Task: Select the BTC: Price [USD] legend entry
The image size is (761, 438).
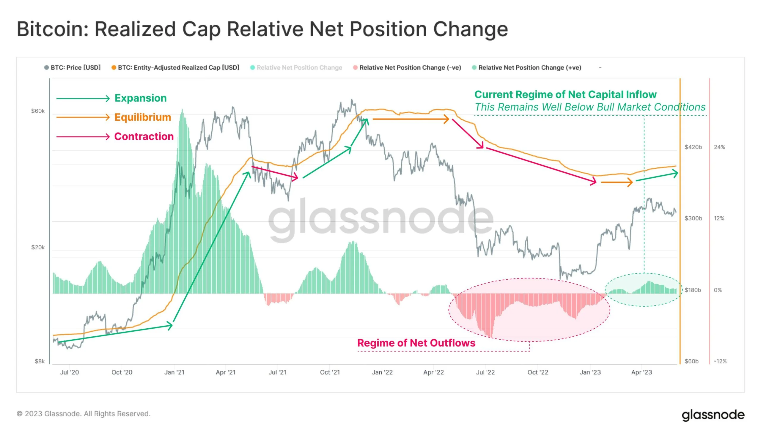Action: click(75, 68)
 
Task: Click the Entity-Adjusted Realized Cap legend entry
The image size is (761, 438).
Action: click(178, 68)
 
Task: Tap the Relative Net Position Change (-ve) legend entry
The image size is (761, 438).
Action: click(410, 68)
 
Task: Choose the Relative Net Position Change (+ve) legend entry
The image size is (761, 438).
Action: click(529, 68)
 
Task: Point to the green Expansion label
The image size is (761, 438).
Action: click(141, 98)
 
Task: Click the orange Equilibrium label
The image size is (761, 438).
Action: click(143, 117)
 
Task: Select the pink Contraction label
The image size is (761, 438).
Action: click(144, 137)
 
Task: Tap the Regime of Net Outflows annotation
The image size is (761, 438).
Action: click(416, 343)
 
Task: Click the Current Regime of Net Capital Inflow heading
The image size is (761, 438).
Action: click(565, 95)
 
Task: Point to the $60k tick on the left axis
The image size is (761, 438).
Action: click(38, 111)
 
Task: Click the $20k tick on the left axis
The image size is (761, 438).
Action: click(38, 247)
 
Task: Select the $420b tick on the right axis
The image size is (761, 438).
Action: click(693, 147)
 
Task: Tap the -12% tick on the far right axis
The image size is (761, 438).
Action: click(720, 361)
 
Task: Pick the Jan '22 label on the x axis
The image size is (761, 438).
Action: click(382, 372)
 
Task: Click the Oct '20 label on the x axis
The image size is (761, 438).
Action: click(122, 372)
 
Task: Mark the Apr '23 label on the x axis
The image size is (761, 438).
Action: click(641, 372)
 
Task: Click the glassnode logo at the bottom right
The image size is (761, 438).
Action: click(713, 415)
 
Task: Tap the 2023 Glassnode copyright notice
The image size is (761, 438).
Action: click(83, 414)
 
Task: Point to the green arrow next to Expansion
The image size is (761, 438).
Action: click(83, 98)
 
